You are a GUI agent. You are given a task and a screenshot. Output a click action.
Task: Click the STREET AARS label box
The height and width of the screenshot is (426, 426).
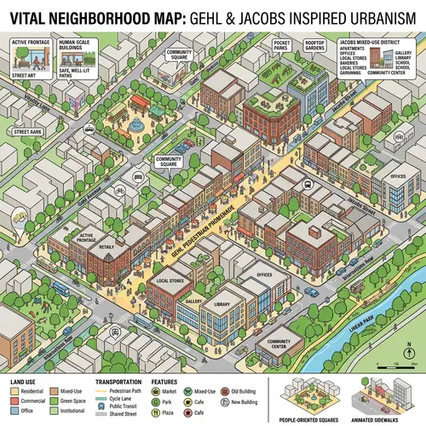pos(28,132)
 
